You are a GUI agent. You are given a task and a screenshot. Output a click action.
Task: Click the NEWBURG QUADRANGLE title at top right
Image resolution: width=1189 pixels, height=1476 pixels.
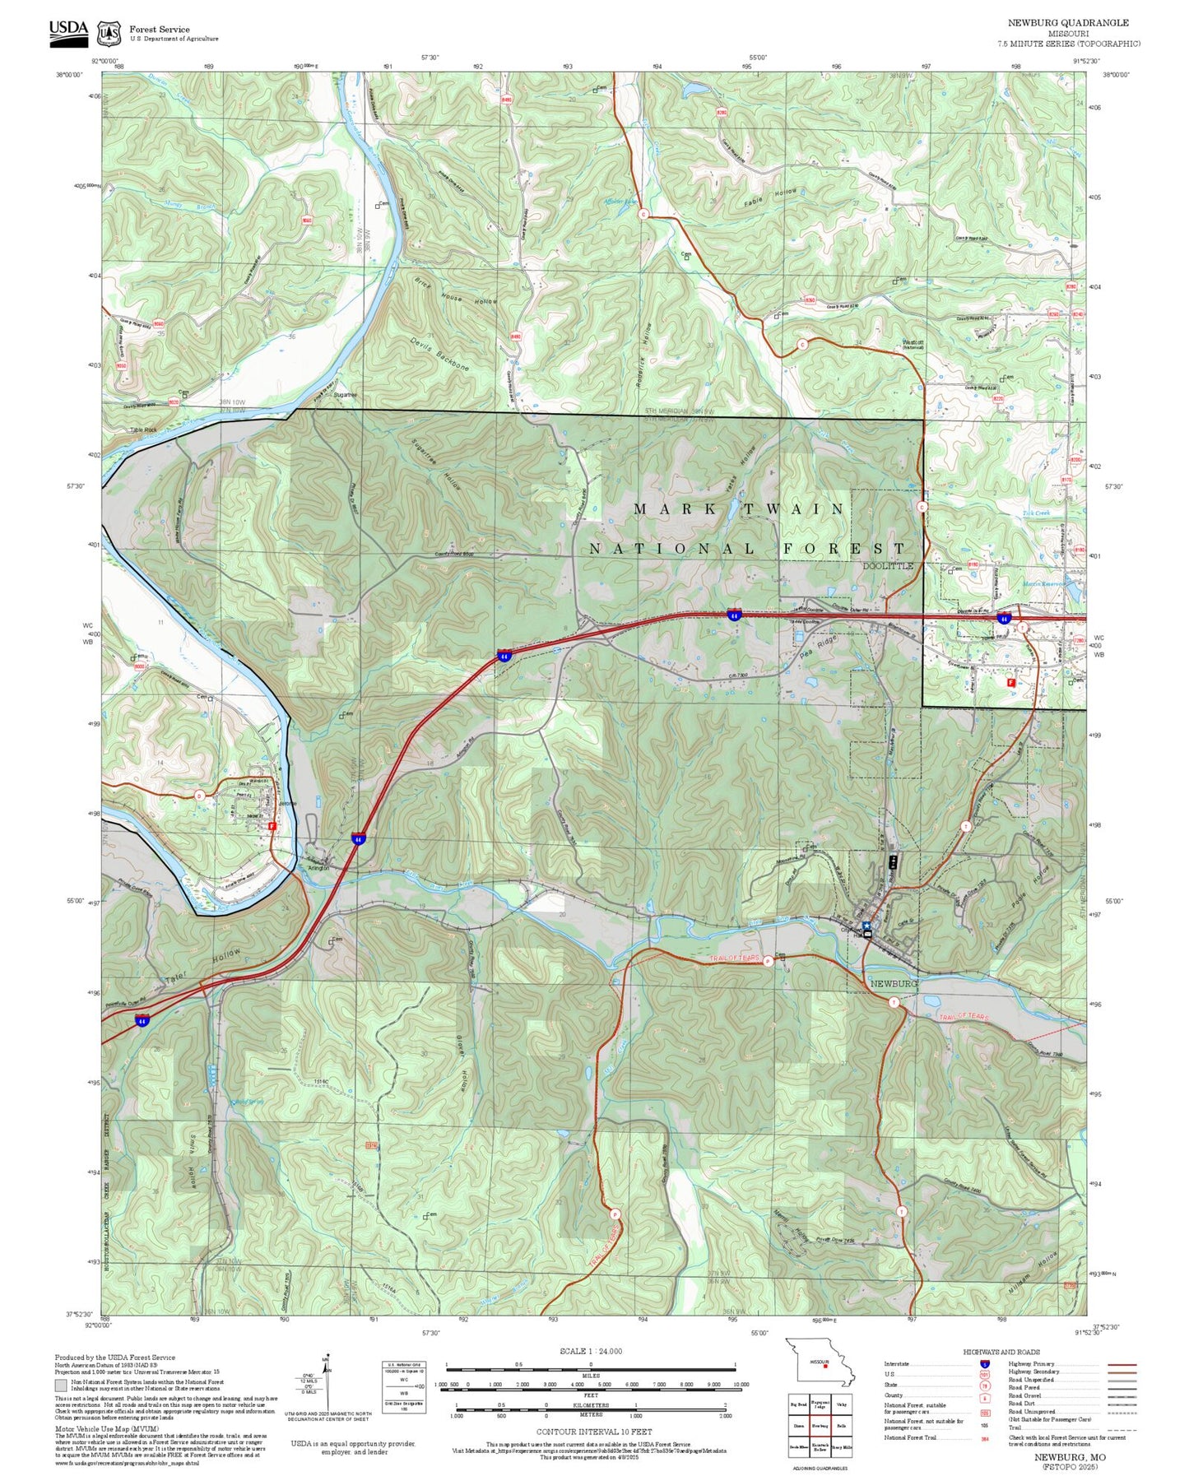[x=1068, y=23]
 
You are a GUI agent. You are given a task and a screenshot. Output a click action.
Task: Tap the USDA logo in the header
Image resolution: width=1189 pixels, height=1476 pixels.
[x=68, y=30]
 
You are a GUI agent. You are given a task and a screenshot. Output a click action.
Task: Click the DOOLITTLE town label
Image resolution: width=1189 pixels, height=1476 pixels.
[x=888, y=566]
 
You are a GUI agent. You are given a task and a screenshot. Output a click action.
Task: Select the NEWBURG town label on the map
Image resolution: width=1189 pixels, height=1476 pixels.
[x=894, y=984]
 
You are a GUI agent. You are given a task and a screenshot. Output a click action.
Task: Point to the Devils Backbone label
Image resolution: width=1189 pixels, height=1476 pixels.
[x=439, y=354]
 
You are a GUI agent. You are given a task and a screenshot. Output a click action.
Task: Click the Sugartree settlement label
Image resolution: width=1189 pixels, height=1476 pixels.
[x=345, y=396]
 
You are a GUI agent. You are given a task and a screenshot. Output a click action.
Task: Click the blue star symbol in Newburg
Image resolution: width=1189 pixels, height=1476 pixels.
[x=866, y=926]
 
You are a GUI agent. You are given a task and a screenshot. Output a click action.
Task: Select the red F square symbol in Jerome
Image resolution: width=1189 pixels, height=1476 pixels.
[x=272, y=825]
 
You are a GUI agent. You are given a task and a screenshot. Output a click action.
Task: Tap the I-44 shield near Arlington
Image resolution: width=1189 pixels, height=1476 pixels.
[x=358, y=838]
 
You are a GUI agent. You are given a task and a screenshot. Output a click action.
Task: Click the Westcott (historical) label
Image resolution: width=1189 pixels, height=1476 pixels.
[x=913, y=344]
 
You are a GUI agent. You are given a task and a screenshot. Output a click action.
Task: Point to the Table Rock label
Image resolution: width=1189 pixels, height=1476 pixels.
[x=143, y=430]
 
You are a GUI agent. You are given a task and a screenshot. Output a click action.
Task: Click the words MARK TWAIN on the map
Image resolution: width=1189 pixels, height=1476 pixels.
[x=738, y=509]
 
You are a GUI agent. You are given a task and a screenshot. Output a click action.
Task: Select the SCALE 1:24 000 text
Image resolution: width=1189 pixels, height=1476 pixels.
[x=590, y=1351]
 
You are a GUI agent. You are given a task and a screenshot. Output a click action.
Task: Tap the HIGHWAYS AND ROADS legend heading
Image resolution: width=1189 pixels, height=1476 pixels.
[x=1001, y=1352]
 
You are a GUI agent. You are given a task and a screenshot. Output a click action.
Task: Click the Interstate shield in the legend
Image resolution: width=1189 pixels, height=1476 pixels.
[x=985, y=1364]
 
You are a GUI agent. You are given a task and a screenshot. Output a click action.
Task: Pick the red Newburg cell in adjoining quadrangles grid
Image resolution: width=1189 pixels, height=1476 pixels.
[x=820, y=1426]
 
